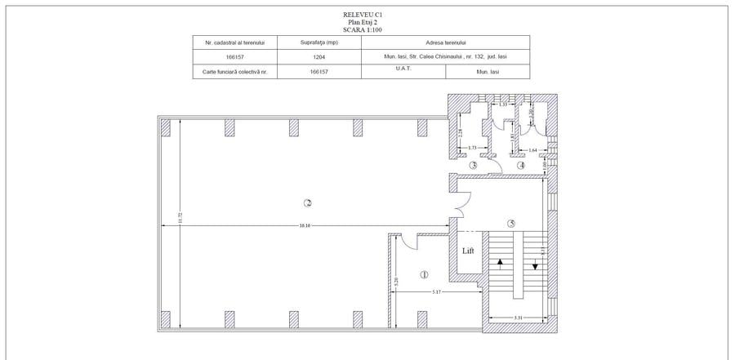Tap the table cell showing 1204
coord(319,57)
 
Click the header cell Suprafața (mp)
coord(319,42)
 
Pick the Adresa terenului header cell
coord(446,42)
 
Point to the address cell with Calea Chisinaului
coord(446,57)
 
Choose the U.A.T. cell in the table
coord(403,69)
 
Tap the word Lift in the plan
coord(468,251)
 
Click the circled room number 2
coord(308,202)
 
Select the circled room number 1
coord(423,275)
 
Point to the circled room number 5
coord(511,224)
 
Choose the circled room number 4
coord(520,165)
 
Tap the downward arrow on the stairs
coord(535,264)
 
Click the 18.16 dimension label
coord(304,225)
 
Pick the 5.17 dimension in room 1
coord(437,291)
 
